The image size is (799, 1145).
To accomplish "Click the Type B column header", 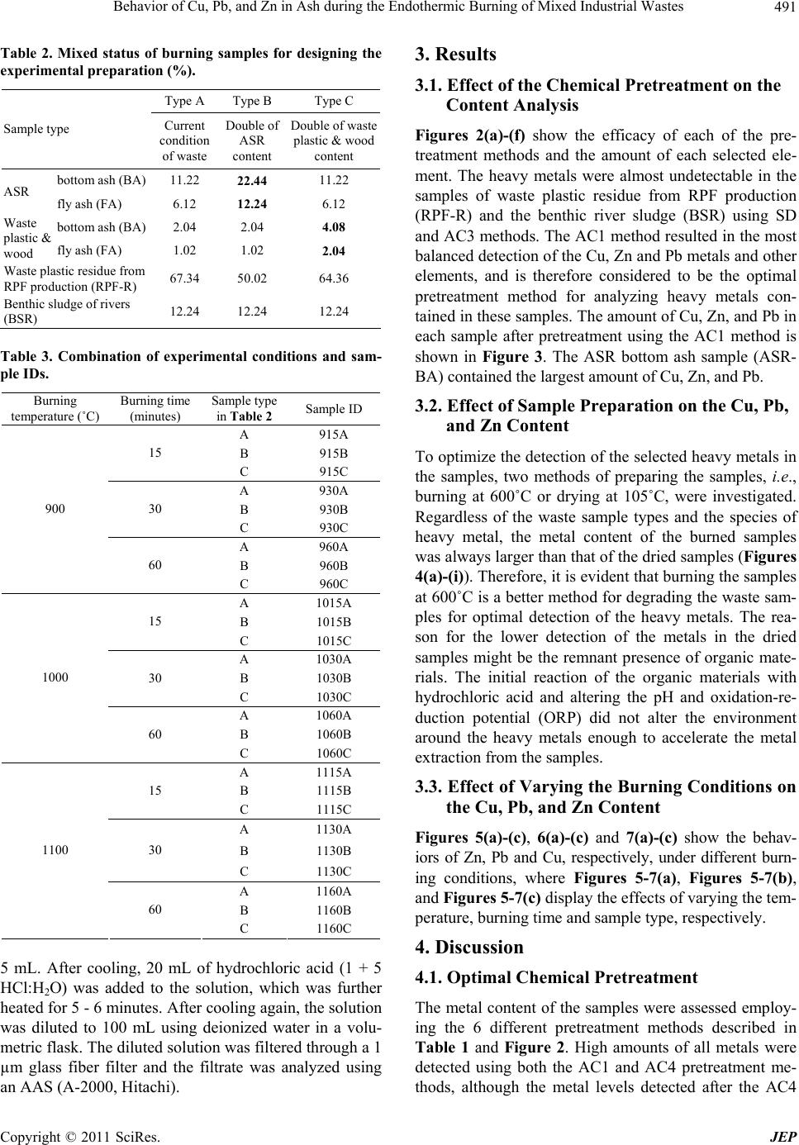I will tap(251, 102).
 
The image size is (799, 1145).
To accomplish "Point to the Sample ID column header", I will tap(333, 408).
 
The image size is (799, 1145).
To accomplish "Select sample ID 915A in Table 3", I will tap(333, 434).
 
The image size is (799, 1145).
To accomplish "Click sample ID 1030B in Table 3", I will tap(333, 677).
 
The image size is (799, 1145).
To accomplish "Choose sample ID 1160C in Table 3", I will tap(333, 928).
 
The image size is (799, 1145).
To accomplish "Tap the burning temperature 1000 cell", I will tap(55, 677).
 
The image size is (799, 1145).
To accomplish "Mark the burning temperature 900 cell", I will tap(55, 509).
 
